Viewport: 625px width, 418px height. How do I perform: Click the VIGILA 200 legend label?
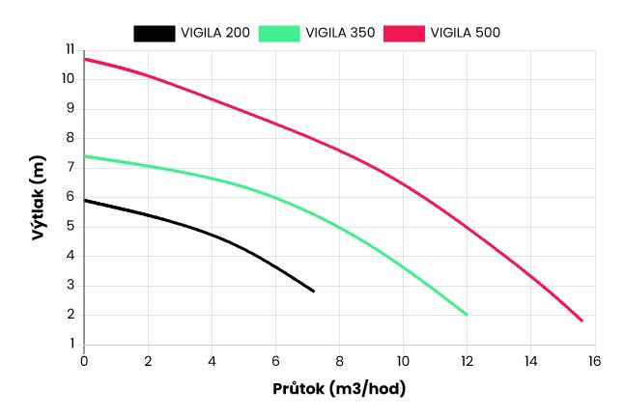click(215, 33)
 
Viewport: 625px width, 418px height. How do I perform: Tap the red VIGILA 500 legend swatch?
click(406, 33)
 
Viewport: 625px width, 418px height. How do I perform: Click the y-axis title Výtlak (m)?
click(39, 196)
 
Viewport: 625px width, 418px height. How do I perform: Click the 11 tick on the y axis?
click(69, 49)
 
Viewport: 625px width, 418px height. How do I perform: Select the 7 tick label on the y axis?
click(71, 167)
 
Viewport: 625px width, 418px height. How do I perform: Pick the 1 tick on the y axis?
click(71, 345)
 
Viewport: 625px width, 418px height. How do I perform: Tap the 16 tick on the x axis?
click(594, 360)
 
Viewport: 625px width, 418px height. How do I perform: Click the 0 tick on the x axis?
click(84, 360)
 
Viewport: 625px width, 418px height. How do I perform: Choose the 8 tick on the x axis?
click(339, 360)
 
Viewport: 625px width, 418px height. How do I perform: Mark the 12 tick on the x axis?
click(467, 360)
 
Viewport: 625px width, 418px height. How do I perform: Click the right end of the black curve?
click(314, 291)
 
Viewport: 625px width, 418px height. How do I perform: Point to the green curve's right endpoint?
click(467, 315)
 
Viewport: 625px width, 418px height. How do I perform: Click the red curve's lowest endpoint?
click(582, 320)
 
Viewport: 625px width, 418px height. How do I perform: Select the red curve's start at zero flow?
click(85, 59)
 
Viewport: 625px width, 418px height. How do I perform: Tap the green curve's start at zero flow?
click(85, 155)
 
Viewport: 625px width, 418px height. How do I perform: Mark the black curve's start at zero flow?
click(85, 200)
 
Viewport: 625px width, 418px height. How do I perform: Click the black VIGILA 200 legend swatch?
click(153, 33)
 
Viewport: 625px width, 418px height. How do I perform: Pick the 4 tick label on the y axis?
click(71, 256)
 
